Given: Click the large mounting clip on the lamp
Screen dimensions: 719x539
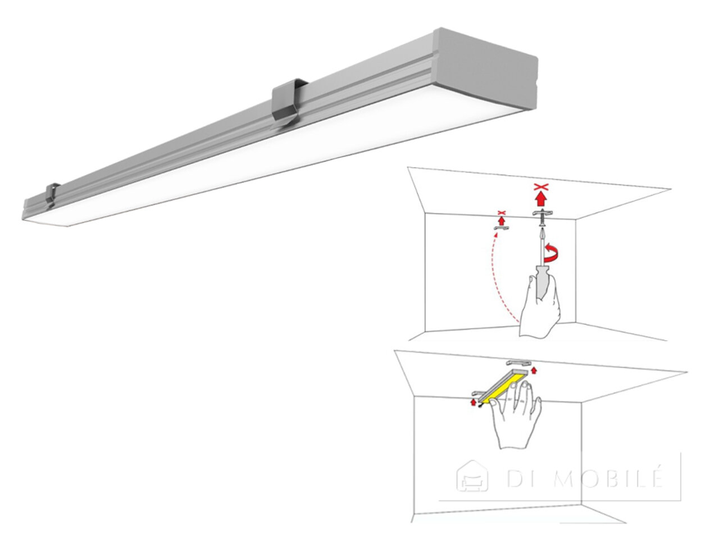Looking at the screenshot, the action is click(286, 103).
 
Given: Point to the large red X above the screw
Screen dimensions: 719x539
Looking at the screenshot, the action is click(541, 187).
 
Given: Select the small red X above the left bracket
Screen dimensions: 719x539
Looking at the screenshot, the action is click(502, 213).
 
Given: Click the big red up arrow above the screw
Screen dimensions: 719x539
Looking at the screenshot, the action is click(541, 199).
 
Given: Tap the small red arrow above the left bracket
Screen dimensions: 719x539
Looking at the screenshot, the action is click(502, 221).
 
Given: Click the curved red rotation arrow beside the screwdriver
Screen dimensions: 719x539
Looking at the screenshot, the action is click(551, 255).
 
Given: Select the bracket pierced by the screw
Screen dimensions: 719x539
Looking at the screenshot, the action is click(543, 213).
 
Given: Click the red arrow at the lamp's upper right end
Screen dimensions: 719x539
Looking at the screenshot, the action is click(534, 370).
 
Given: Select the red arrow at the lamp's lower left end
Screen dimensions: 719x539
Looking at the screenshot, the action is click(473, 402).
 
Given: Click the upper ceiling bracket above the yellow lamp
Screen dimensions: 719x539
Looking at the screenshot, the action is click(518, 363).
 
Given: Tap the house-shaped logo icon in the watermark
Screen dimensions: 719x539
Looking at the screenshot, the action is click(472, 477).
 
